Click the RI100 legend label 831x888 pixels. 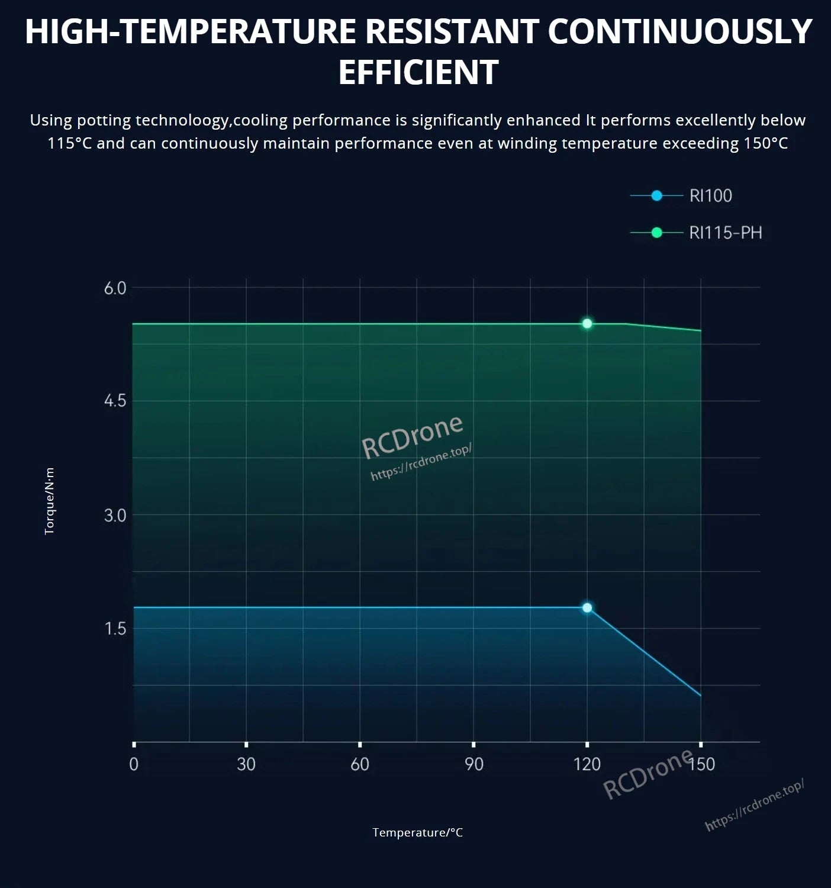(x=710, y=195)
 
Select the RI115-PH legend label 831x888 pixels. (x=725, y=233)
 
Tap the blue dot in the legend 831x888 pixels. (x=656, y=195)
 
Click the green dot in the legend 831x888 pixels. (x=656, y=233)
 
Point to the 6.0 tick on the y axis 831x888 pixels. (x=115, y=288)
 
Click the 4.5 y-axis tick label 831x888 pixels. (x=115, y=401)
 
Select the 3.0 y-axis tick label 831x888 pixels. (x=115, y=516)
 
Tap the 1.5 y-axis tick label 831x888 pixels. (x=115, y=628)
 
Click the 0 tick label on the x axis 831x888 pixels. (x=134, y=764)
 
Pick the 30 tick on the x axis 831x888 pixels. (x=246, y=764)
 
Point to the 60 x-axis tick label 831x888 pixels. (x=360, y=764)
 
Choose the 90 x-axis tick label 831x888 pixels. (x=474, y=764)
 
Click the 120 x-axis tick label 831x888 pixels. (x=587, y=764)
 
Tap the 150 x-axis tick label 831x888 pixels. (x=702, y=764)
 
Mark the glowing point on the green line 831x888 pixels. (x=587, y=323)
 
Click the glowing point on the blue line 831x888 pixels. (x=587, y=607)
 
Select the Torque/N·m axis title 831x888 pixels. (x=50, y=501)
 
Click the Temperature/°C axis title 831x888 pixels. (x=417, y=832)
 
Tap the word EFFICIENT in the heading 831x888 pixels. (x=418, y=72)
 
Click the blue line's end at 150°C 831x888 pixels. (x=700, y=696)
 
